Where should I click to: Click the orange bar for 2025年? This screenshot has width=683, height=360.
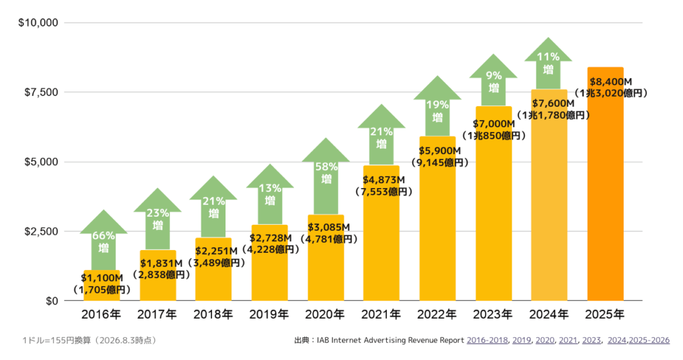pos(605,184)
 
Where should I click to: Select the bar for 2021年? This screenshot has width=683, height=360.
pos(381,233)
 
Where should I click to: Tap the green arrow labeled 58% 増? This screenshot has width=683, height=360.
pos(325,176)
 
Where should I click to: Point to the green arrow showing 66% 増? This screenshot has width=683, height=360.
pos(103,240)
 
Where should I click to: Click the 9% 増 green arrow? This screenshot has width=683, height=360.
pos(494,81)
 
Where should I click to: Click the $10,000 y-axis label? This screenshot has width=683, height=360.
pos(38,23)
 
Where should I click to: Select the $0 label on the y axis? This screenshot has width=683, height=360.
pos(52,301)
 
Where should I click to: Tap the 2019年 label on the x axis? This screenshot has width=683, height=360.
pos(269,314)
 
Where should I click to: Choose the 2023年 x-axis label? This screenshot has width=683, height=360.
pos(493,314)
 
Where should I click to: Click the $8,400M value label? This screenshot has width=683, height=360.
pos(611,81)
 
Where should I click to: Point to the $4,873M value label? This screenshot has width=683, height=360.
pos(384,180)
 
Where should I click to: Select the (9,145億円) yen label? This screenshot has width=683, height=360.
pos(440,163)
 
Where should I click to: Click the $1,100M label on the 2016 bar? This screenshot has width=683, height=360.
pos(102,278)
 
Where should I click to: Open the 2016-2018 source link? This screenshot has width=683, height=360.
pos(487,341)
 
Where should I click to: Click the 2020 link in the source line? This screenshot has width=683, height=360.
pos(545,341)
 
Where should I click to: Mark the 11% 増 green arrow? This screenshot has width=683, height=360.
pos(548,63)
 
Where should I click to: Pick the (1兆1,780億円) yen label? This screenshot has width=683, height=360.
pos(553,115)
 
